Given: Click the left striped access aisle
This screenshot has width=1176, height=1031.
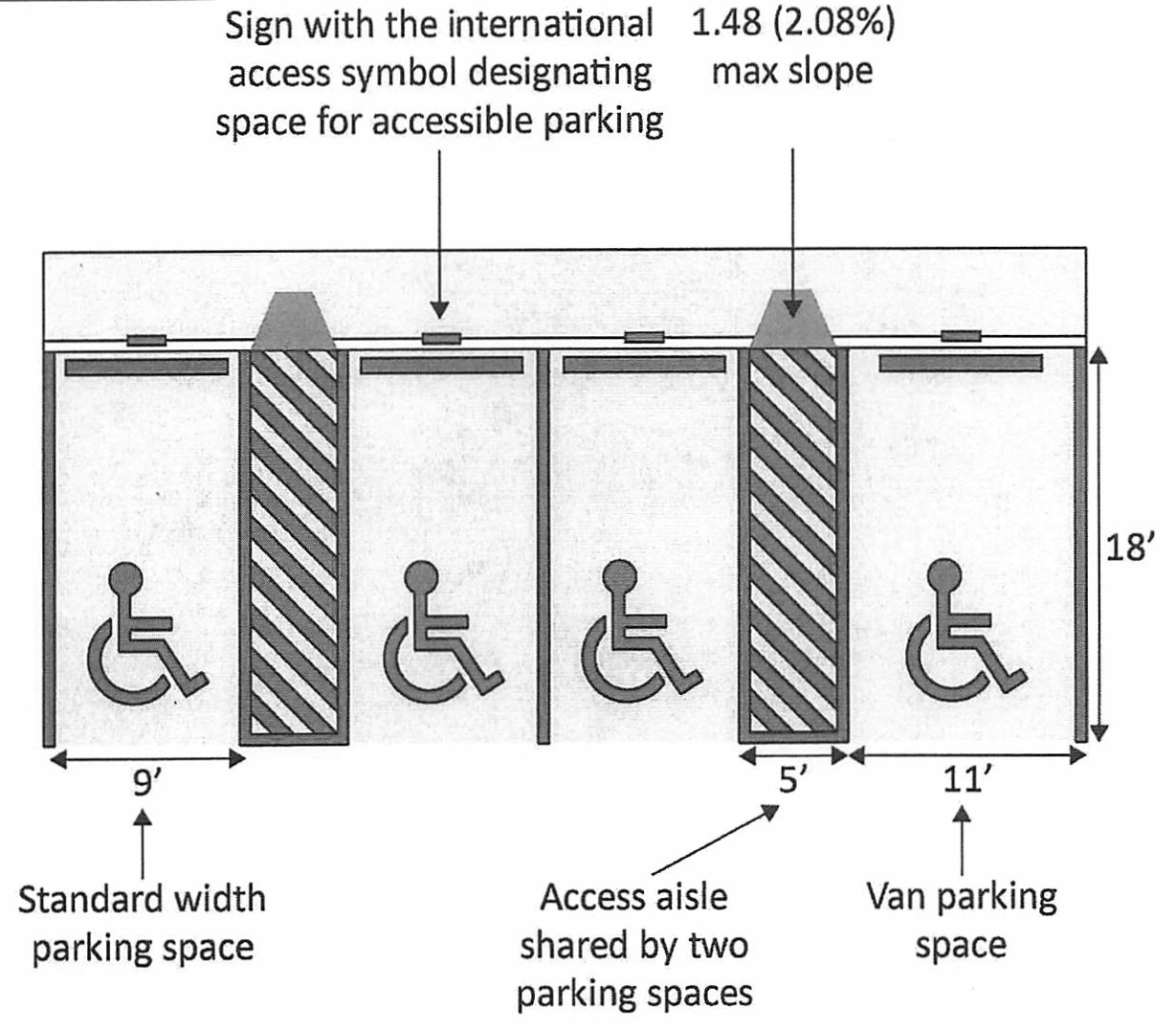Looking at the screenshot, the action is point(293,546).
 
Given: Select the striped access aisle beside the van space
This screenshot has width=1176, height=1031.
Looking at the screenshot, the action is point(794,546).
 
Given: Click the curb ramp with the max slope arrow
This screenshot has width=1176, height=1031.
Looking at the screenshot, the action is point(793,319).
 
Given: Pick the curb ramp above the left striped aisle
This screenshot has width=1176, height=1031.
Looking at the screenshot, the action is point(293,321).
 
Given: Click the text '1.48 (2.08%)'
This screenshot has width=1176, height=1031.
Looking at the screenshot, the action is point(792,24).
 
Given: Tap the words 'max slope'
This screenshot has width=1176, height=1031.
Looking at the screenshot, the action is point(792,72).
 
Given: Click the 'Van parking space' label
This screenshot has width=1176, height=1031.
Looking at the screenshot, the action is point(961,921).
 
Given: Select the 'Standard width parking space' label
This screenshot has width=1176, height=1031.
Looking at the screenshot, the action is point(143,924).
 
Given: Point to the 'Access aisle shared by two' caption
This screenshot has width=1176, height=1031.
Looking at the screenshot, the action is point(633,922).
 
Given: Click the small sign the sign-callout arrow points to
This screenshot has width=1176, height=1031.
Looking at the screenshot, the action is point(441,338).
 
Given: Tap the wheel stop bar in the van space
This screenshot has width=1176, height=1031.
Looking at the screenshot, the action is point(961,363).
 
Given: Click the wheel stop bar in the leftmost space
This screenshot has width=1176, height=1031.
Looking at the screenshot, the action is point(146,367).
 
